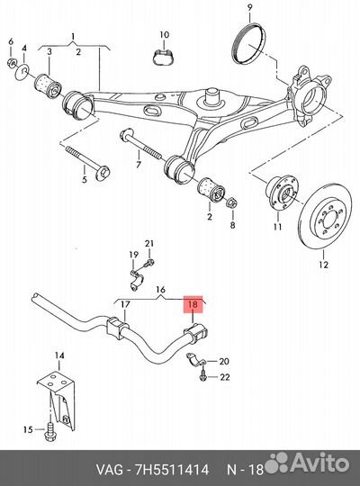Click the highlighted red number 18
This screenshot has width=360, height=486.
pyautogui.click(x=193, y=304)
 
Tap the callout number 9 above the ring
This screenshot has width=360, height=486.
pyautogui.click(x=250, y=7)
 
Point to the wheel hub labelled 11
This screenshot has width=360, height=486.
pyautogui.click(x=281, y=193)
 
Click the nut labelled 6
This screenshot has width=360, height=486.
pyautogui.click(x=11, y=62)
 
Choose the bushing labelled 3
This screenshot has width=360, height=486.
pyautogui.click(x=48, y=85)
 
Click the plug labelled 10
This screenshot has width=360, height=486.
pyautogui.click(x=164, y=57)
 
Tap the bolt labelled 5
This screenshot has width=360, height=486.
pyautogui.click(x=88, y=163)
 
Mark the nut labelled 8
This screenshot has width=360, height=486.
pyautogui.click(x=231, y=202)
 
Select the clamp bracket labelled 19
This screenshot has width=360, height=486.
pyautogui.click(x=135, y=280)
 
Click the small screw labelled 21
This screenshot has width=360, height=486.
pyautogui.click(x=148, y=264)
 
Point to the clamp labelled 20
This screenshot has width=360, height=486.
pyautogui.click(x=195, y=359)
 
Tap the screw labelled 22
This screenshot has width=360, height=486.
pyautogui.click(x=202, y=376)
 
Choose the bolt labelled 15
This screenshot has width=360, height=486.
pyautogui.click(x=49, y=430)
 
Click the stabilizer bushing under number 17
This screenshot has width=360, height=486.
pyautogui.click(x=117, y=328)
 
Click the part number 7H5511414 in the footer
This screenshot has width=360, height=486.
pyautogui.click(x=173, y=470)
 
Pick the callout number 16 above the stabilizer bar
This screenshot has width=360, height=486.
pyautogui.click(x=160, y=290)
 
